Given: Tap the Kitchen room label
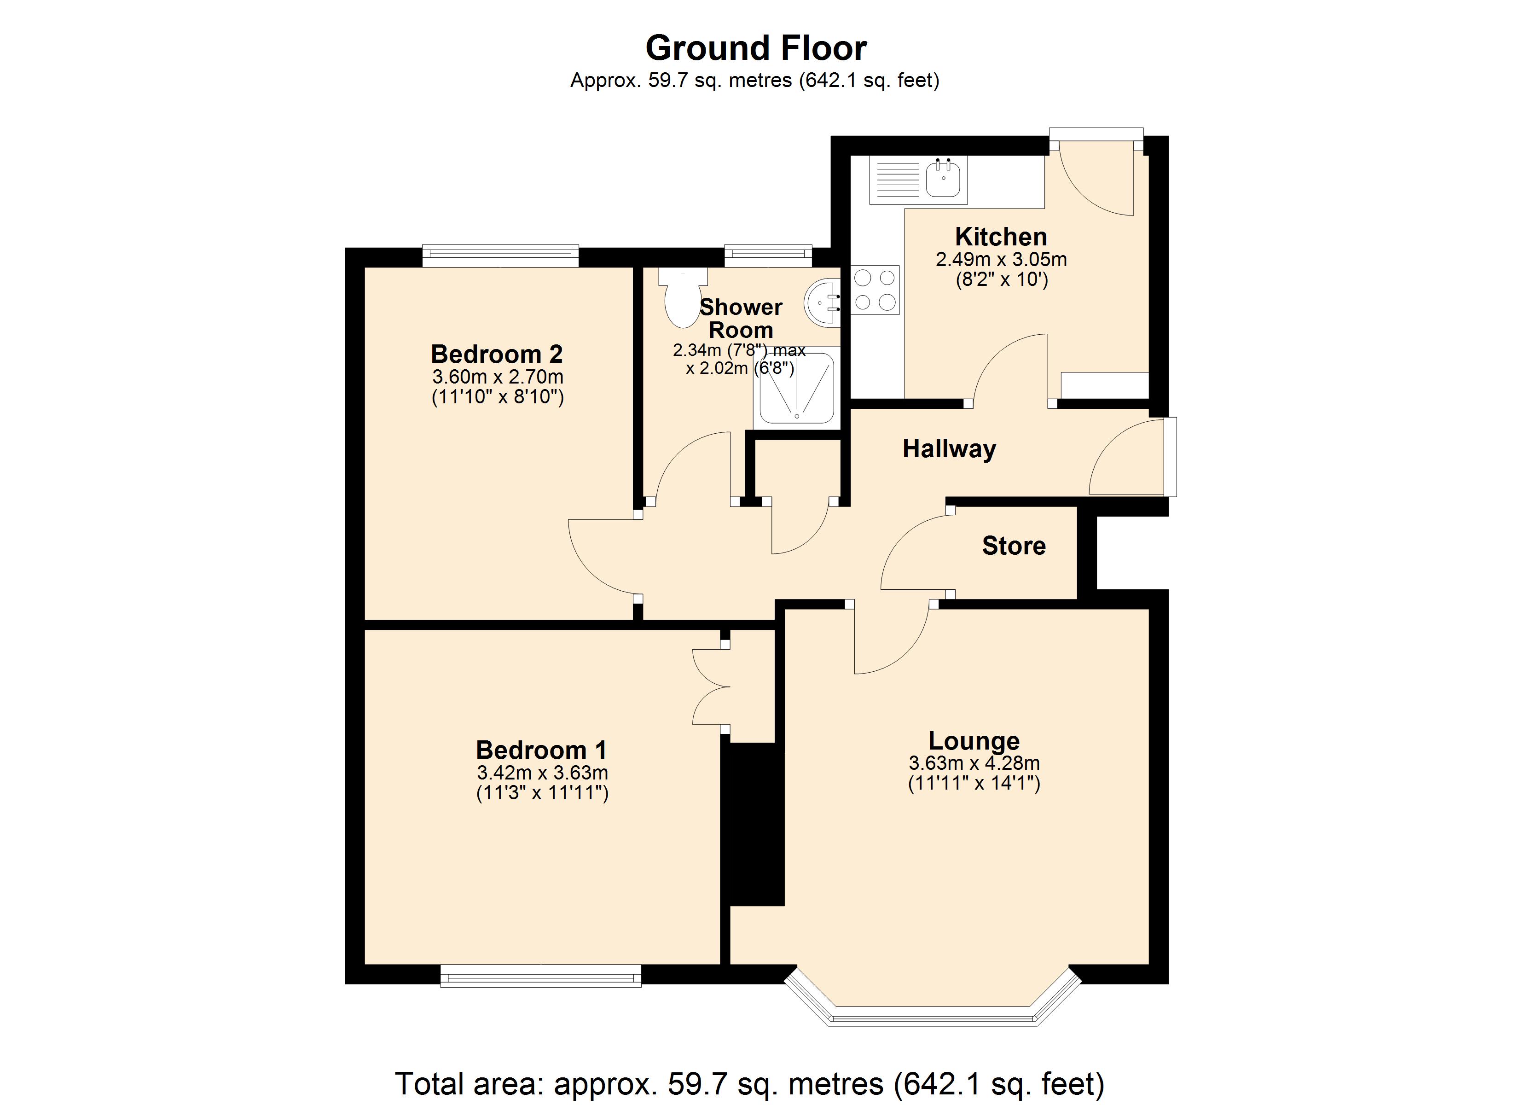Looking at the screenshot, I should [1001, 237].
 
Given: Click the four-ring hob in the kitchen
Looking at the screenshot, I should [875, 290].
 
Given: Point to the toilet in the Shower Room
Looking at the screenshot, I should [683, 300].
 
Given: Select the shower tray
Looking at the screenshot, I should [797, 389].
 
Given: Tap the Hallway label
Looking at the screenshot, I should [949, 448].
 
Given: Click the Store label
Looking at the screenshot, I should [1013, 546].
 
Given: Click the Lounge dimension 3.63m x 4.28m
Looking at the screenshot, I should [974, 762].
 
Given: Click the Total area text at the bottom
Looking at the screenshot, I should [749, 1083].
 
